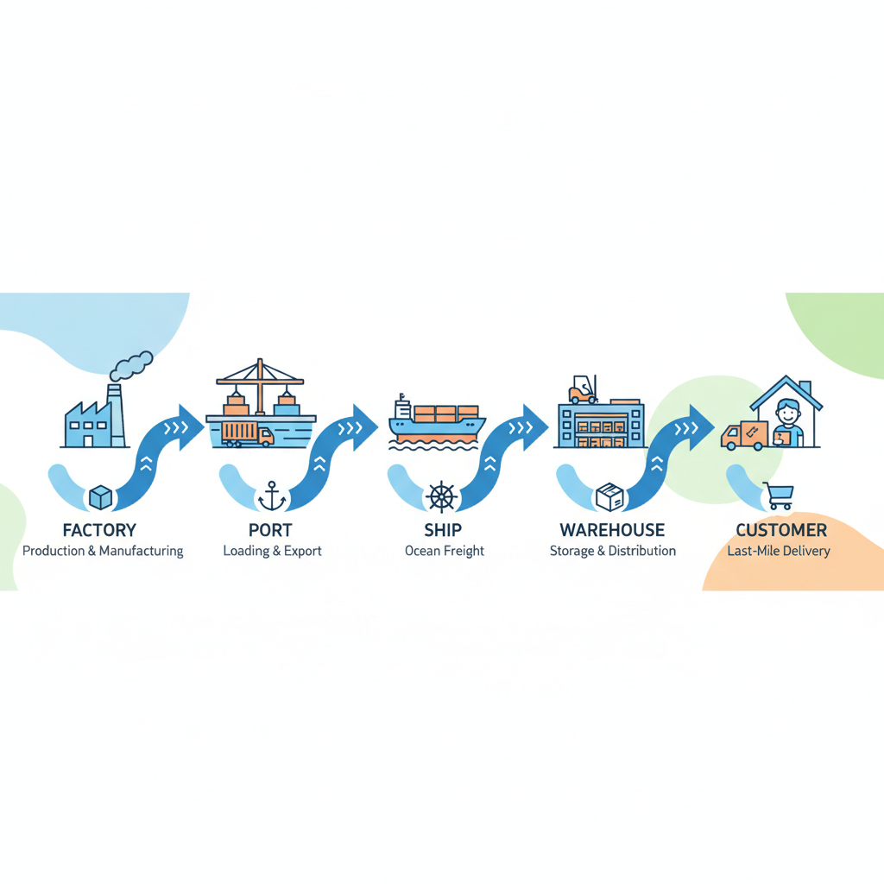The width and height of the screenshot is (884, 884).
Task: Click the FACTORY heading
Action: [99, 530]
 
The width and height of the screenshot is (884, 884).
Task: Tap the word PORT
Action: [270, 530]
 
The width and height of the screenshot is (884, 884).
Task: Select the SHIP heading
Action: [443, 530]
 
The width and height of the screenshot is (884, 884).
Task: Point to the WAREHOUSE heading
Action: [612, 530]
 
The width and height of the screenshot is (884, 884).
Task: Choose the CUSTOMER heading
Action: [781, 530]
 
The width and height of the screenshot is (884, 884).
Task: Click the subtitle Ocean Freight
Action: [445, 551]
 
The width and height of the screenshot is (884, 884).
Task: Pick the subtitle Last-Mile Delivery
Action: [779, 551]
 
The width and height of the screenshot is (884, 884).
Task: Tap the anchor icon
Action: [272, 496]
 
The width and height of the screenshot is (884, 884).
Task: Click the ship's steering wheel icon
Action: [441, 497]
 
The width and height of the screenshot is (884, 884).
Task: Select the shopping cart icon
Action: [779, 496]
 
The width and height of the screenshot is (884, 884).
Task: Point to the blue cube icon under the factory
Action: [101, 497]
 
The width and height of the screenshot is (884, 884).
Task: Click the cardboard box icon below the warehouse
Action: [609, 496]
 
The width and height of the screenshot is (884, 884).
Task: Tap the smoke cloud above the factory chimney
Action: [131, 365]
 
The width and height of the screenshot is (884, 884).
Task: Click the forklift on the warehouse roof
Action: [583, 389]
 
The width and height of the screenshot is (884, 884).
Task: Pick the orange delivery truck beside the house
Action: [744, 436]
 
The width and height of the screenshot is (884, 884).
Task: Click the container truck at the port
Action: [248, 434]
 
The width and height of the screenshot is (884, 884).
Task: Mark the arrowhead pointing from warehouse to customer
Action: [701, 427]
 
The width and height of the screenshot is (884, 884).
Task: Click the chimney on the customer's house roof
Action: [805, 388]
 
